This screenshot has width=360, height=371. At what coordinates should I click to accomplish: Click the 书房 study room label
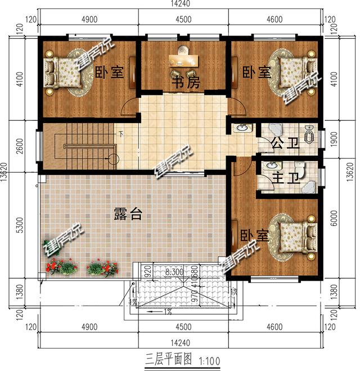click(x=185, y=83)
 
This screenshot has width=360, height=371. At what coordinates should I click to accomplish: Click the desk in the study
click(x=183, y=60)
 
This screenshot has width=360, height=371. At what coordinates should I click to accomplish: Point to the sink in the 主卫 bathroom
click(x=271, y=167)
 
